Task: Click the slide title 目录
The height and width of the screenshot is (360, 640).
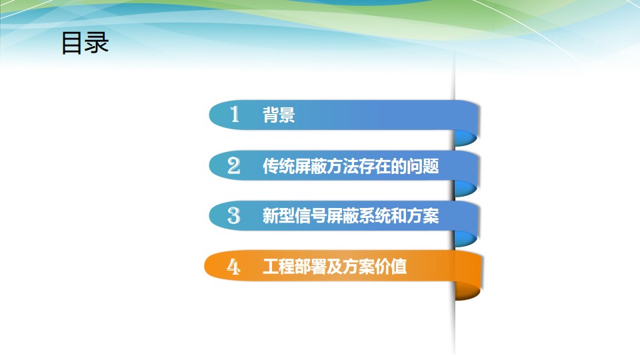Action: (85, 43)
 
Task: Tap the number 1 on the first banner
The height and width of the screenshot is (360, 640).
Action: (234, 114)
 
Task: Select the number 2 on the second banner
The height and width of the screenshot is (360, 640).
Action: (234, 166)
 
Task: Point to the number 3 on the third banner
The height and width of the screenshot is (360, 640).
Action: (234, 215)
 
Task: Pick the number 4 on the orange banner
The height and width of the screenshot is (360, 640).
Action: (233, 267)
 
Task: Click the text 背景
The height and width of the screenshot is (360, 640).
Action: (279, 115)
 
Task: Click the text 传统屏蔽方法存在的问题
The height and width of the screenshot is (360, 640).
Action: (351, 166)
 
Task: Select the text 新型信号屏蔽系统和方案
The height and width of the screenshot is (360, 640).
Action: (351, 216)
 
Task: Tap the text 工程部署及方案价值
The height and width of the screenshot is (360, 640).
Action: (335, 267)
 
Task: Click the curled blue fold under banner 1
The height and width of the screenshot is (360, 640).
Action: (466, 138)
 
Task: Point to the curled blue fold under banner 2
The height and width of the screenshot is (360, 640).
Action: (466, 189)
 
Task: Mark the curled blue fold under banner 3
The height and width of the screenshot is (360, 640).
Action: (466, 239)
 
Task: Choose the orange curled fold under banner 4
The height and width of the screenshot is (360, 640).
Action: (468, 291)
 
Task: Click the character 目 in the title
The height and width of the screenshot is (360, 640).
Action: (71, 43)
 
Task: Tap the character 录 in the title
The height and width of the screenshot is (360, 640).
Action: (96, 43)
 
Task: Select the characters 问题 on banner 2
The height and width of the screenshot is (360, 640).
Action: (423, 166)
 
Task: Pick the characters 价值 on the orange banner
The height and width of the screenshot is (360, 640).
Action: (391, 267)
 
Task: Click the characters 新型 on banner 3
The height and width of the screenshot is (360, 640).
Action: (278, 216)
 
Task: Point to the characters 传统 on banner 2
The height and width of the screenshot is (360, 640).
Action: (278, 166)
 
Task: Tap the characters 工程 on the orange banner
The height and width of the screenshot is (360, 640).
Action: (278, 267)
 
